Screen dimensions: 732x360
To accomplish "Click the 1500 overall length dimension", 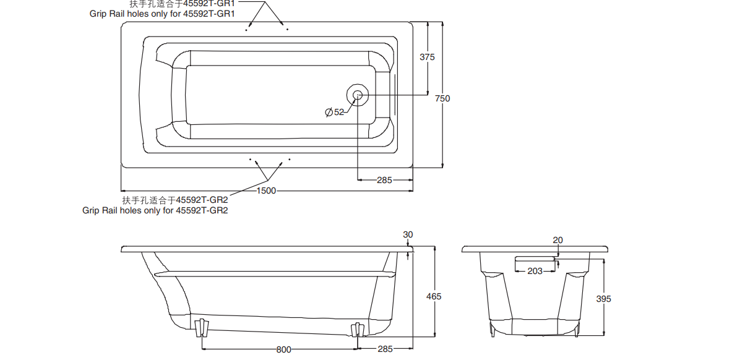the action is tap(267, 191).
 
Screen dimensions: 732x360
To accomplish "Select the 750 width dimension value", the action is tap(442, 98).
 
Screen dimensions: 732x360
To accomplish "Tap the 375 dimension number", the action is tap(427, 57).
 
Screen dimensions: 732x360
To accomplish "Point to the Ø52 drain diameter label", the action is tap(334, 112).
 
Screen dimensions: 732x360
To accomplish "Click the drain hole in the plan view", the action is tap(358, 95).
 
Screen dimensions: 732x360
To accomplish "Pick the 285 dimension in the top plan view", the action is tap(385, 180).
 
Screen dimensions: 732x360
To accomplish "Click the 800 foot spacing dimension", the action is tap(284, 349).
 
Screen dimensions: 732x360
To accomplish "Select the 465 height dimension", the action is tap(434, 296).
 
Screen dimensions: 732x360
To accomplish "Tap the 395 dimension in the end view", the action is tap(604, 299).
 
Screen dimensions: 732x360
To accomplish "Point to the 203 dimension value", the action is tap(535, 271).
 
